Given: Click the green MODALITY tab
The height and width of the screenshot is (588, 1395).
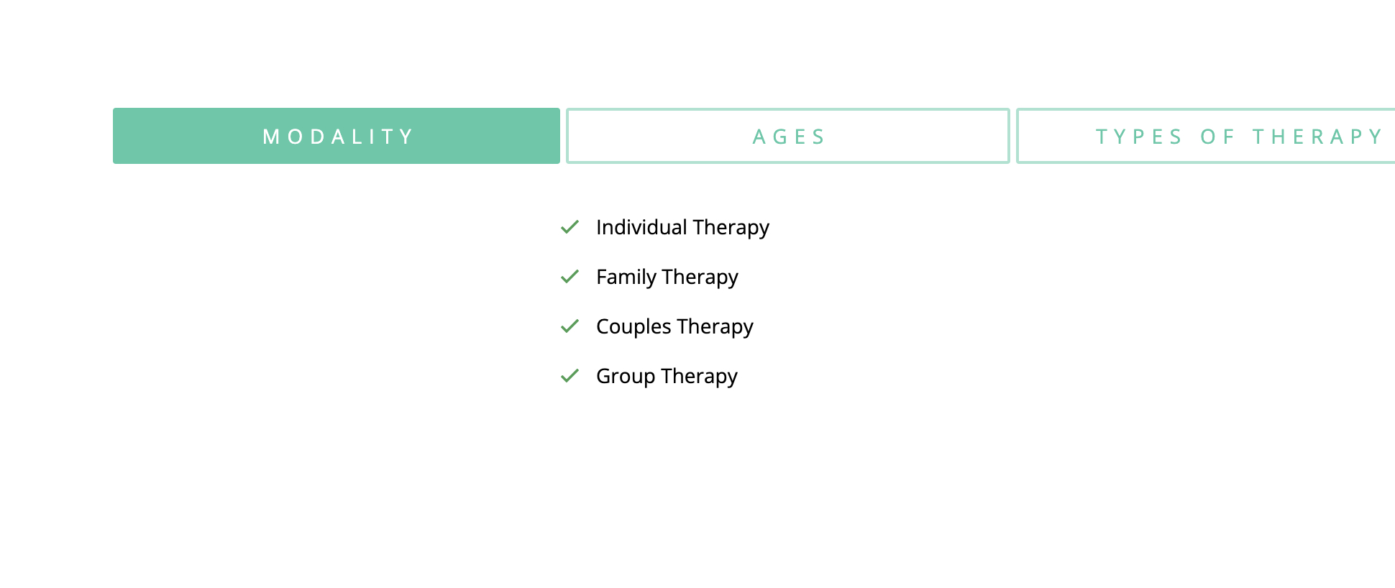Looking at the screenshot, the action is [337, 136].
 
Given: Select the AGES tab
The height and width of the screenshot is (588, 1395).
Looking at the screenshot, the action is [788, 136].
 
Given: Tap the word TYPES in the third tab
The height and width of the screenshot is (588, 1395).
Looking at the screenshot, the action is [1139, 137].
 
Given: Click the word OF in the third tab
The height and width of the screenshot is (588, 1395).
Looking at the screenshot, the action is [1217, 137].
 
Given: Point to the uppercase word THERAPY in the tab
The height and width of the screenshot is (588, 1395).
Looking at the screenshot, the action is [1317, 137].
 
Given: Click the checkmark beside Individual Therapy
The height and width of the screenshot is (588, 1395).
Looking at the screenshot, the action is [570, 227].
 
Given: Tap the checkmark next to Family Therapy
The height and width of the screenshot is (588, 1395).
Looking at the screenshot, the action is [570, 277].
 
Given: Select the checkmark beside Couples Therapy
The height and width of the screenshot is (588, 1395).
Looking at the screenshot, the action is [570, 326].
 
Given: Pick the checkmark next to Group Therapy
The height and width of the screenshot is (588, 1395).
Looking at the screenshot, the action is [570, 376].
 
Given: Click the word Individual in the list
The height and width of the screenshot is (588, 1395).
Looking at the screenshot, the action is [641, 227].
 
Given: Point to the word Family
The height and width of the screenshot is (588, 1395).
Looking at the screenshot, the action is [626, 277].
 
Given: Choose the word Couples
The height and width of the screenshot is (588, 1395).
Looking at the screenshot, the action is [634, 327].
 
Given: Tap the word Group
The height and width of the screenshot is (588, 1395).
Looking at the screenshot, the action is [626, 377].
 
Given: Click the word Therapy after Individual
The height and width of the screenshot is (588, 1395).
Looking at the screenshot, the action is [731, 228].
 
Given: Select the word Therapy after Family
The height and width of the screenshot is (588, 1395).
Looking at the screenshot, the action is [700, 277].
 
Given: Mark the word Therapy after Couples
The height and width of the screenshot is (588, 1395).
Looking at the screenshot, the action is [715, 327].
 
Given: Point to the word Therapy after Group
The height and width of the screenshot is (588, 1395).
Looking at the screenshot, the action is [700, 377].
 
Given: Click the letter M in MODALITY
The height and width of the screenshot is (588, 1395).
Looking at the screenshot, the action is [271, 137].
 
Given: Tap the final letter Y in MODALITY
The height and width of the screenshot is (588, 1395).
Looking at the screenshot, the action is [407, 137].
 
